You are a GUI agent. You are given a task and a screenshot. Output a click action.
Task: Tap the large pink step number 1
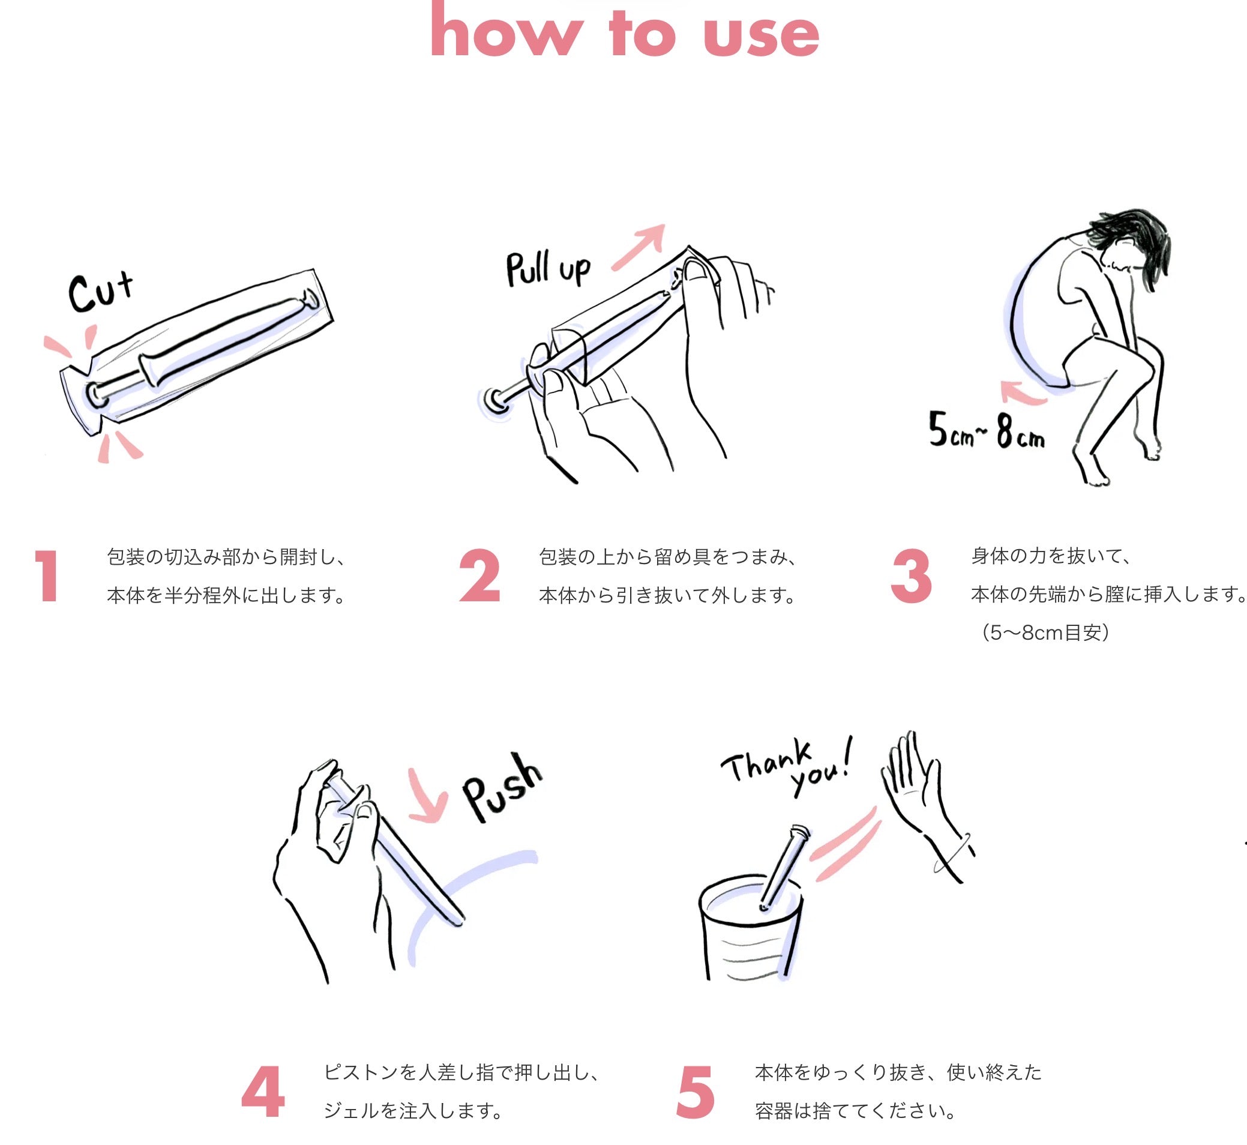coord(47,576)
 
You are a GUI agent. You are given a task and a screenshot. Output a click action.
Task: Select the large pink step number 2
coord(479,576)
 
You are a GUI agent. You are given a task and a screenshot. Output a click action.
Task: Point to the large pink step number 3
coord(910,576)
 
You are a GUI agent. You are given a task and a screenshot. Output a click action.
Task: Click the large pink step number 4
coord(263,1092)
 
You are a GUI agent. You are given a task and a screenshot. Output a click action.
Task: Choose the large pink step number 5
coord(695,1092)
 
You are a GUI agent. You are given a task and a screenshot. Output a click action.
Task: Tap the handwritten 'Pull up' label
coord(548,270)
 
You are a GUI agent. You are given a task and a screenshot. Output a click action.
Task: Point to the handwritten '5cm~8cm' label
coord(986,430)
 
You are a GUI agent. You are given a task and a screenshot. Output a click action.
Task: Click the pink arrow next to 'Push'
coord(428,798)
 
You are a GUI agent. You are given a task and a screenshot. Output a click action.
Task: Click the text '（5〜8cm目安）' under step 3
coord(1046,633)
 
